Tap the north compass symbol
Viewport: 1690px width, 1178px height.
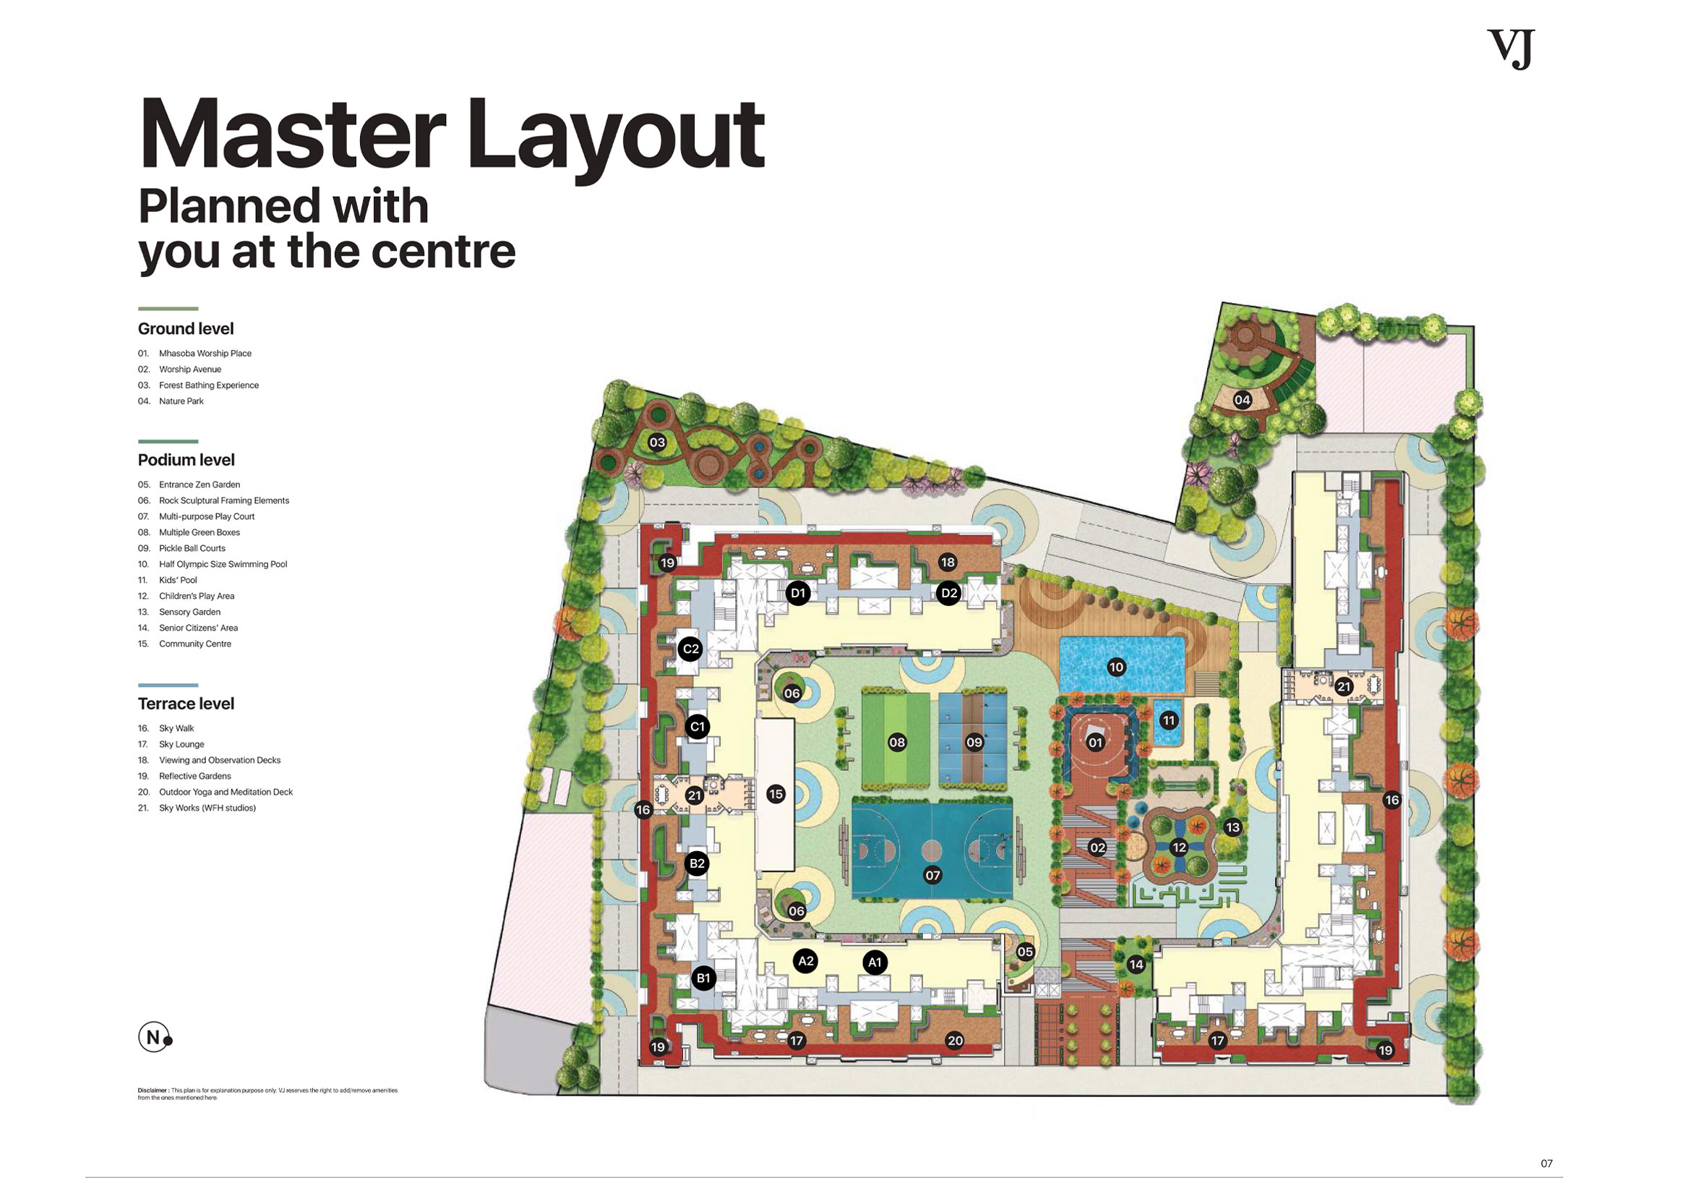click(x=154, y=1038)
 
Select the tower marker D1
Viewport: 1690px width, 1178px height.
click(x=798, y=593)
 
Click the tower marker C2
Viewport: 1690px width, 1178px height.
click(x=690, y=649)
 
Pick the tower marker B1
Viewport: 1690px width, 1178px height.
click(x=703, y=978)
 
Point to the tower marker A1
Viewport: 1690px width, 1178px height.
click(x=875, y=963)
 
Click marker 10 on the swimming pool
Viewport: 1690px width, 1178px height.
click(x=1116, y=667)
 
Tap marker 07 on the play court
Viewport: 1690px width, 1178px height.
click(x=932, y=876)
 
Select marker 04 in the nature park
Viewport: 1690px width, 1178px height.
click(x=1243, y=400)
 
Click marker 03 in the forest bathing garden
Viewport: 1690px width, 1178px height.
click(x=656, y=443)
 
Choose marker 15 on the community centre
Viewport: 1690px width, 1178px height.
click(x=775, y=794)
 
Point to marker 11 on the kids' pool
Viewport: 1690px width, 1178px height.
click(x=1169, y=721)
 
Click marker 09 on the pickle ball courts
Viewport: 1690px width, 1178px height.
click(x=974, y=742)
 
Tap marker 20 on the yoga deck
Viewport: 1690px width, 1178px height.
click(x=955, y=1041)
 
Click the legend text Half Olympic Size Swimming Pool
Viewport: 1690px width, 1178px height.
click(x=223, y=564)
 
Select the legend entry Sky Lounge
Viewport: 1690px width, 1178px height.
click(x=181, y=744)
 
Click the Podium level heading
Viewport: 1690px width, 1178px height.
click(x=186, y=460)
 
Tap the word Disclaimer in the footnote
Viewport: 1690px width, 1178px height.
click(x=153, y=1090)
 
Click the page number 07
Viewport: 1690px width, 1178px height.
click(x=1546, y=1164)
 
